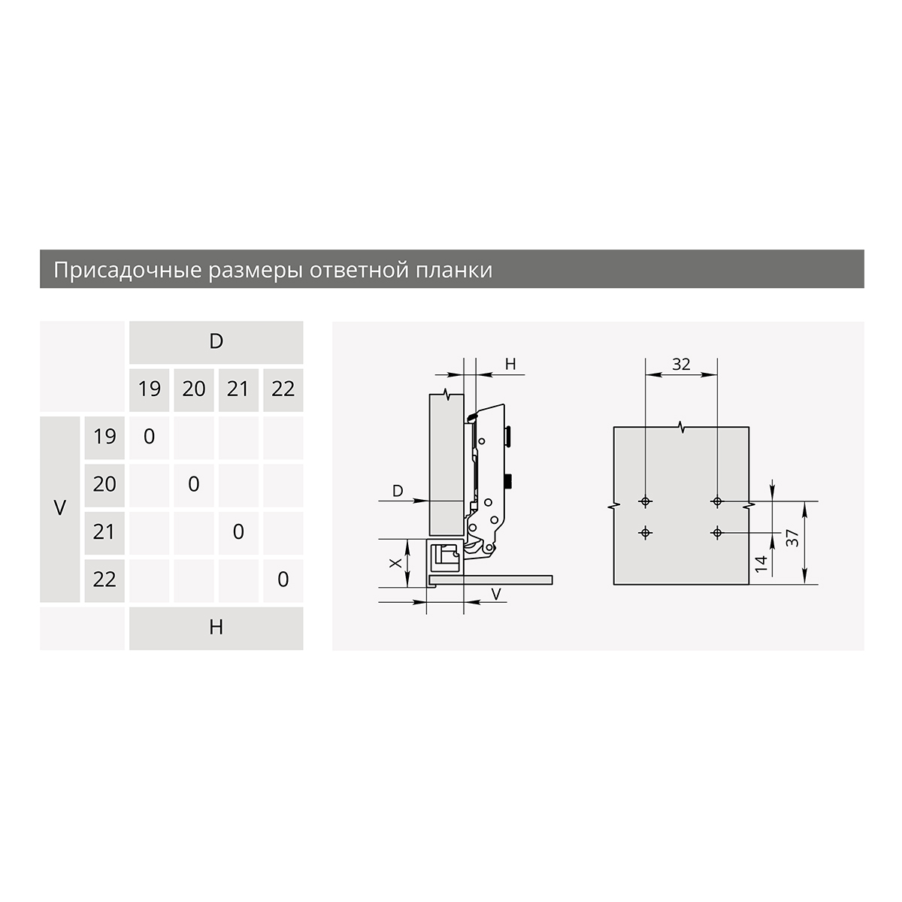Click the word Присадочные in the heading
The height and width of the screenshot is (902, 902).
click(127, 270)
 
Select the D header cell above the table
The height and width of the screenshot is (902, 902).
click(216, 342)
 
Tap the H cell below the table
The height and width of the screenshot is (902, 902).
click(216, 628)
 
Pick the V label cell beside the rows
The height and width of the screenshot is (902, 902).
click(60, 509)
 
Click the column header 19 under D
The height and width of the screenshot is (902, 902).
click(150, 390)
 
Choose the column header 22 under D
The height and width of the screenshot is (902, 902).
click(283, 390)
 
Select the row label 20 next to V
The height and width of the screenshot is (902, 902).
click(104, 485)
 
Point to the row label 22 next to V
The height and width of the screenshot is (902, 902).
click(104, 580)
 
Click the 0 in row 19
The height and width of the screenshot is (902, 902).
click(150, 437)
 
